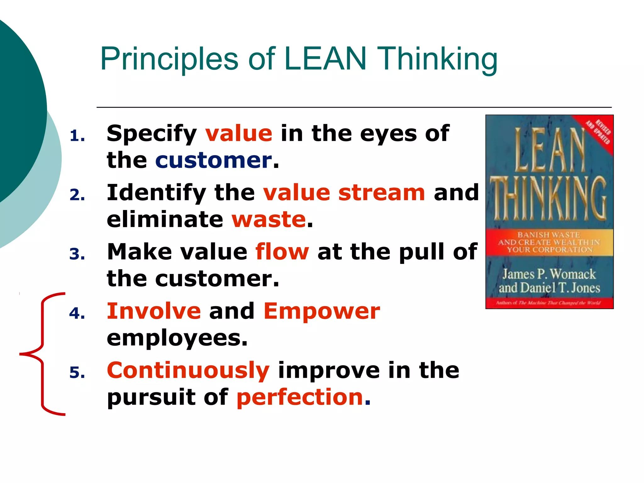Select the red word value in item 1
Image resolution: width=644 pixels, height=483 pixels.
tap(239, 134)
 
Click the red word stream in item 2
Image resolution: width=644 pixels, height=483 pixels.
tap(381, 192)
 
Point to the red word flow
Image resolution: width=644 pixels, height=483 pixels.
tap(282, 252)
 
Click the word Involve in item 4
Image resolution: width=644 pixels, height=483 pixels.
tap(154, 311)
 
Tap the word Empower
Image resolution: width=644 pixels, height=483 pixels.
tap(322, 311)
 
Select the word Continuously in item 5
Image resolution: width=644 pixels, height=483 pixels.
tap(188, 370)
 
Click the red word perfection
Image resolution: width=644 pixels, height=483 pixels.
tap(300, 397)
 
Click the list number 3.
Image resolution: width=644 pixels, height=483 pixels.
tap(77, 254)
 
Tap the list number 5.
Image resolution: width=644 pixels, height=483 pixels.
tap(77, 373)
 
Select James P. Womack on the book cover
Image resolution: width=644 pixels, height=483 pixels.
tap(549, 274)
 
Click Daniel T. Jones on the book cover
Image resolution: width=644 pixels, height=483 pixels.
tap(560, 288)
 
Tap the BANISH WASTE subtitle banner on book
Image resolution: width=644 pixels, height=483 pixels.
tap(549, 242)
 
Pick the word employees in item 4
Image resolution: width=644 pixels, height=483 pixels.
tap(177, 338)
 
